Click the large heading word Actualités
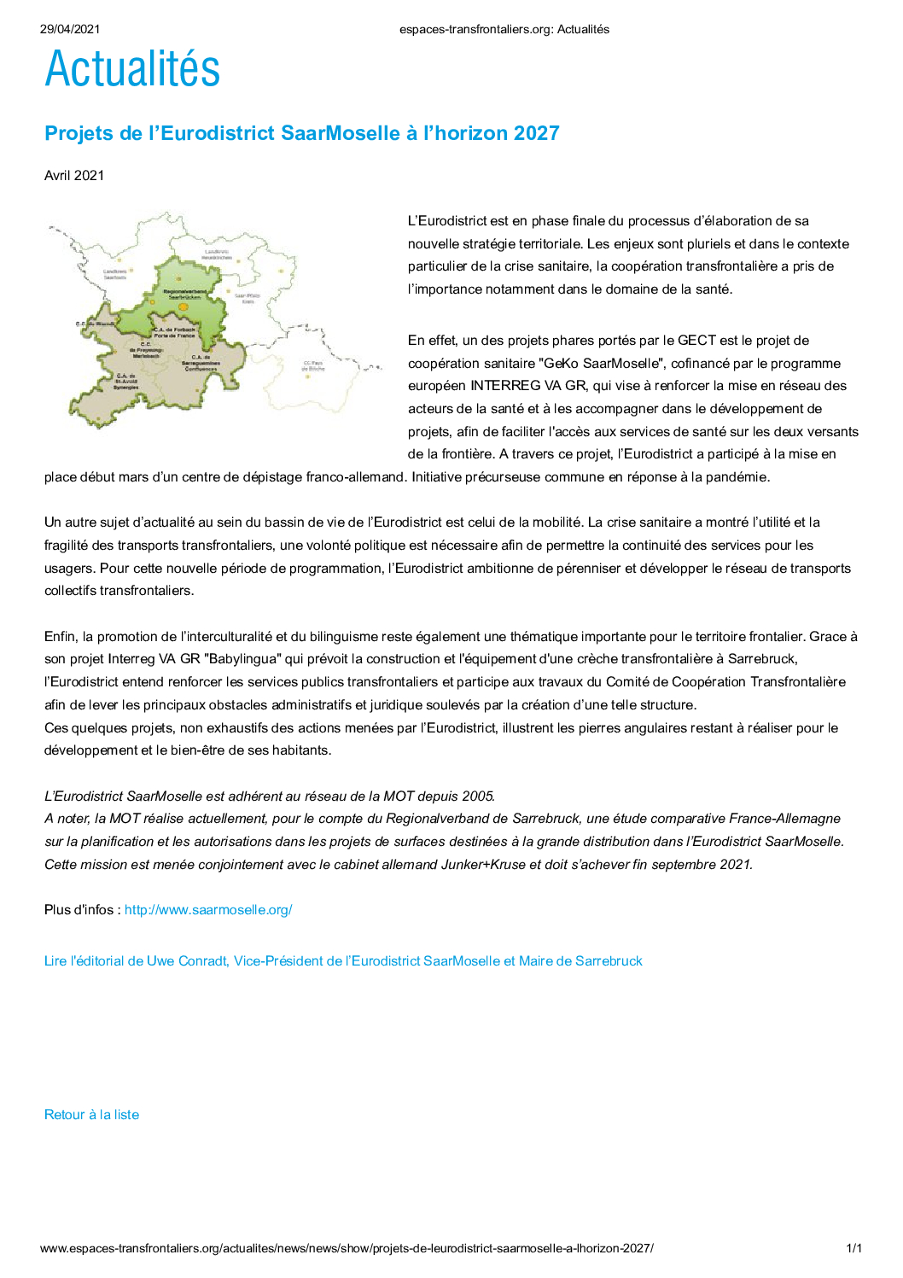(132, 69)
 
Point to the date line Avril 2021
(74, 176)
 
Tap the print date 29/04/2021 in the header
(70, 29)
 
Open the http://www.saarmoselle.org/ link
(208, 910)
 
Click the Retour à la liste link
(91, 1115)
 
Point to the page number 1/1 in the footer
(853, 1248)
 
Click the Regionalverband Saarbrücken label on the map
(184, 295)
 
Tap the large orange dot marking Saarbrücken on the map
(182, 306)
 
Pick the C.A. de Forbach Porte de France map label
(174, 332)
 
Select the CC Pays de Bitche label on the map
(313, 366)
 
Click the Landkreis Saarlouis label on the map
(115, 274)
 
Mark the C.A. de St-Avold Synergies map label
(127, 382)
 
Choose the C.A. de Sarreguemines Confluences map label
(201, 363)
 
